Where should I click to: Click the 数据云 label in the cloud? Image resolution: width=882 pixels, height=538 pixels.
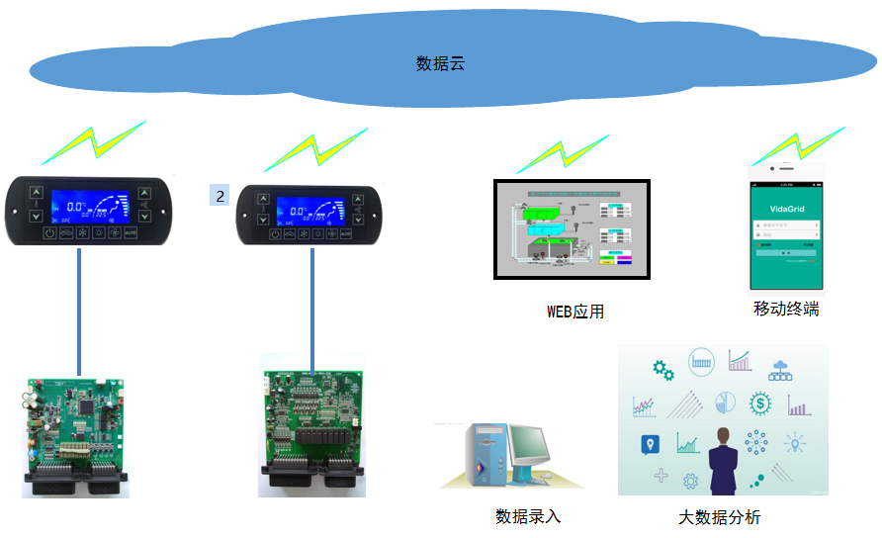pyautogui.click(x=440, y=64)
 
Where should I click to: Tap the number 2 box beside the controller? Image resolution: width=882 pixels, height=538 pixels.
pyautogui.click(x=220, y=195)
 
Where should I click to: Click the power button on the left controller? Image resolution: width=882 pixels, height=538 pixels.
pyautogui.click(x=50, y=233)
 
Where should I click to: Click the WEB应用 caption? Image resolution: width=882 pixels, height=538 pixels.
pyautogui.click(x=575, y=312)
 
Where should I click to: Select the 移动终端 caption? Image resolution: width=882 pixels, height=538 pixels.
pyautogui.click(x=786, y=309)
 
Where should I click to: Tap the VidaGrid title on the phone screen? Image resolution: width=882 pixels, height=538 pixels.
pyautogui.click(x=787, y=209)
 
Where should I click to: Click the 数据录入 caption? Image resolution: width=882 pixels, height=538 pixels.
pyautogui.click(x=528, y=516)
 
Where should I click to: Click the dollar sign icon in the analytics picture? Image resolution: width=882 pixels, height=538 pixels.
pyautogui.click(x=759, y=403)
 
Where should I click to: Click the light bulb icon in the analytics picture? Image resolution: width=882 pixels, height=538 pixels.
pyautogui.click(x=795, y=443)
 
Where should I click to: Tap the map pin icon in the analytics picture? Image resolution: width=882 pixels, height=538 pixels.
pyautogui.click(x=650, y=444)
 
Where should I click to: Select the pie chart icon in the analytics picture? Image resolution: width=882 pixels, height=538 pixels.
pyautogui.click(x=724, y=402)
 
